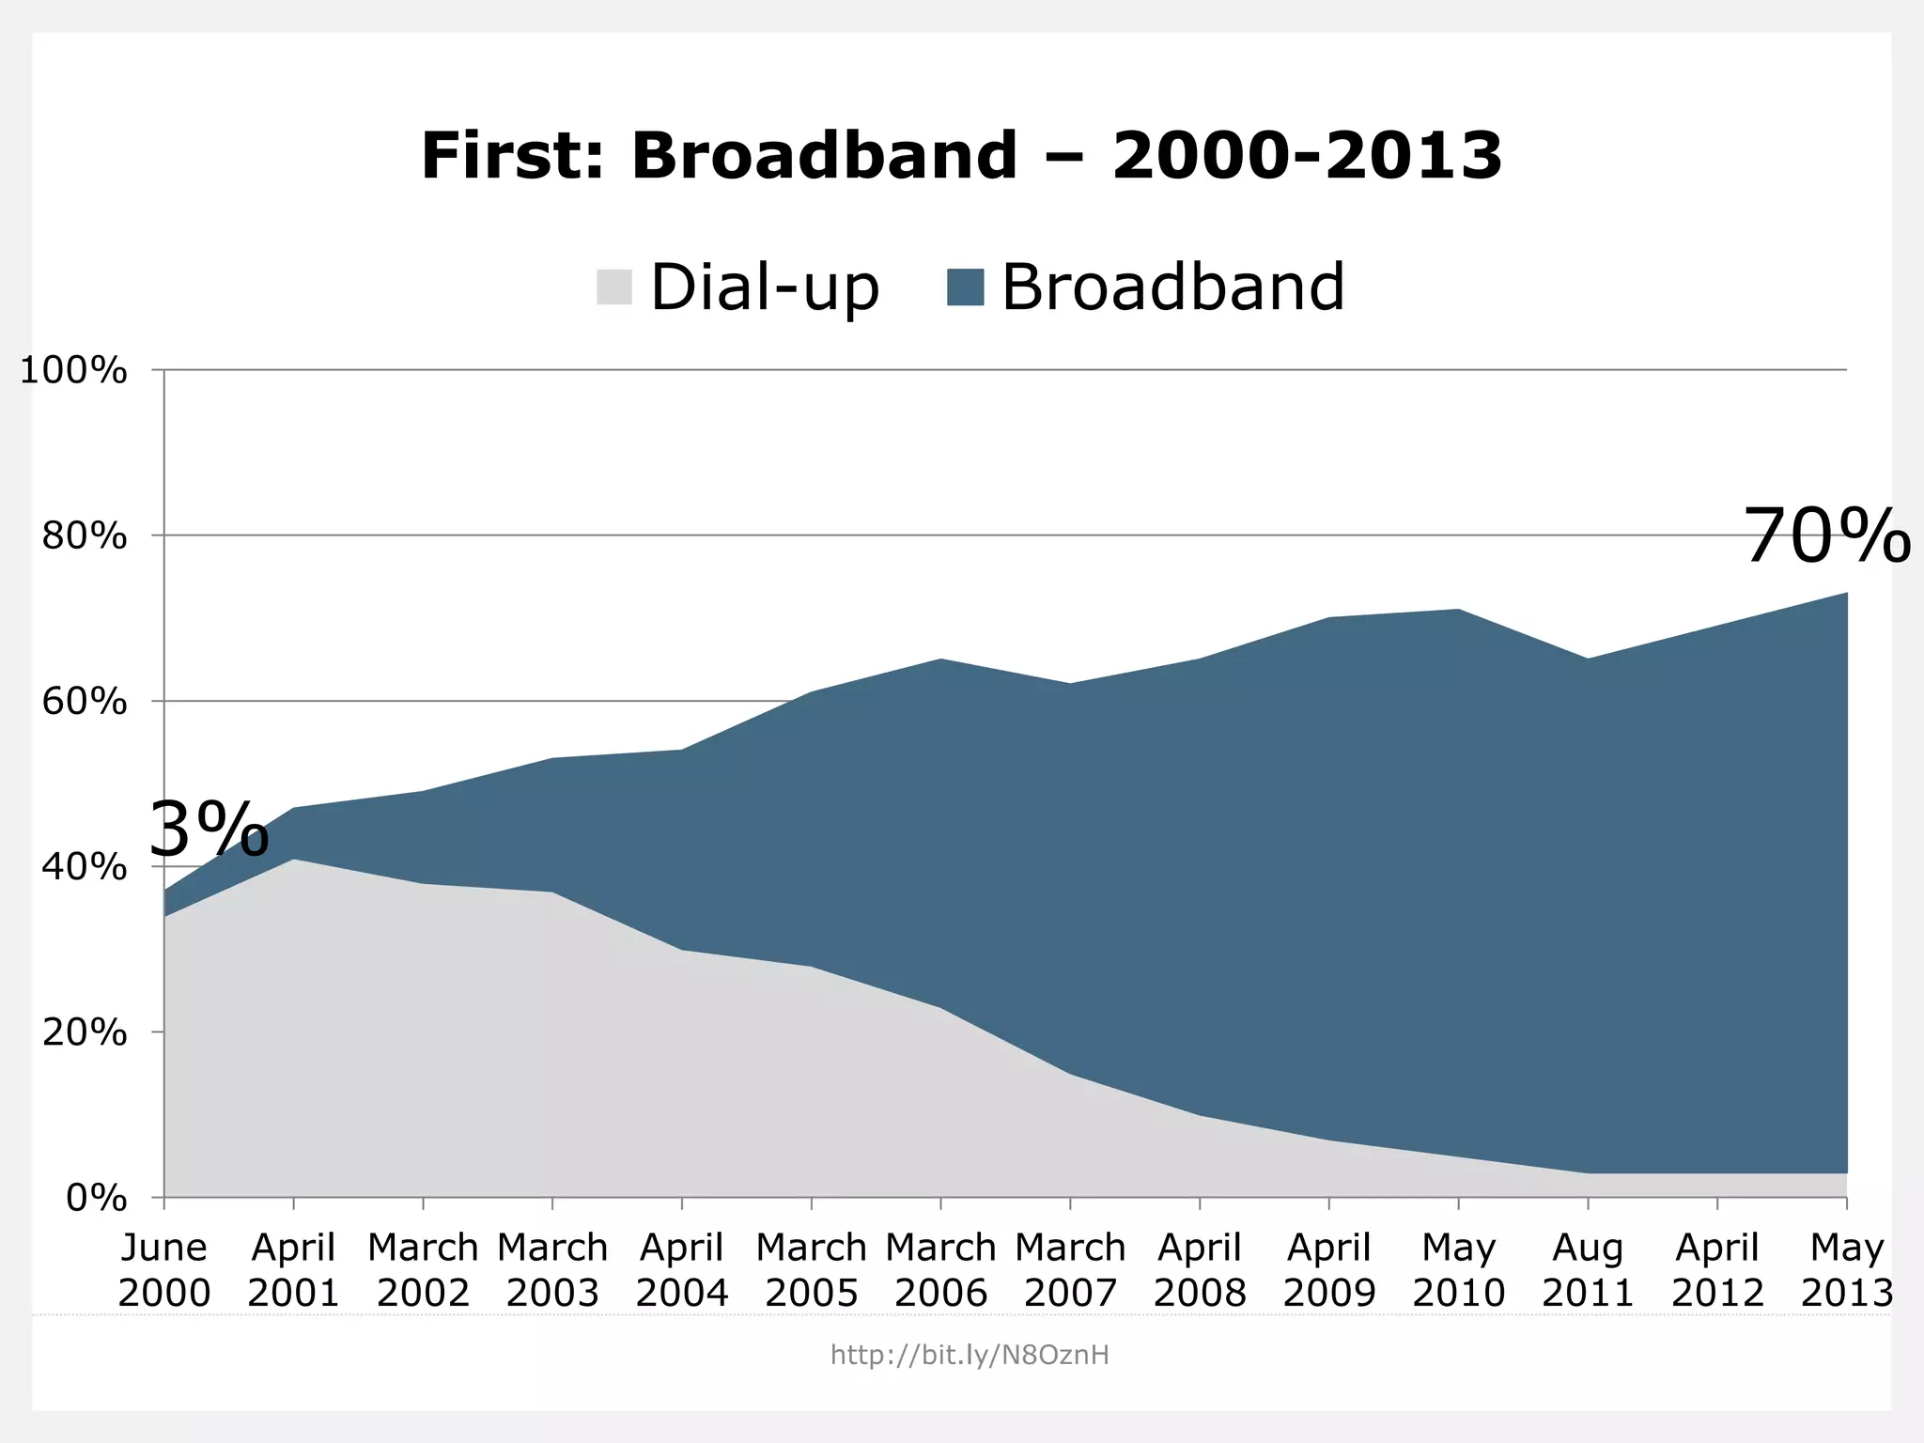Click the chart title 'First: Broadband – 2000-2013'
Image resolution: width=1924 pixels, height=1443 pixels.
961,155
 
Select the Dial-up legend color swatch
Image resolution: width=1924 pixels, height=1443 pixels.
614,287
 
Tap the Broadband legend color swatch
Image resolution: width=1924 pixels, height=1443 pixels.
965,287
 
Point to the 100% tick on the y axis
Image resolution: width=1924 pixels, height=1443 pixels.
73,370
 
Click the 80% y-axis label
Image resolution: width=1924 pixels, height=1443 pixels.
85,536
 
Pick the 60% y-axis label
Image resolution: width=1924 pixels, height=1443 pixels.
85,702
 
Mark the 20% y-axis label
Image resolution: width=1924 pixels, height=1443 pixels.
85,1032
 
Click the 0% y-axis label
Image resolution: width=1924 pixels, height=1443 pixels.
96,1198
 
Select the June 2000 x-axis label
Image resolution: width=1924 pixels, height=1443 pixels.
164,1270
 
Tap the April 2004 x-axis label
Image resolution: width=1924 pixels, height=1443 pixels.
682,1270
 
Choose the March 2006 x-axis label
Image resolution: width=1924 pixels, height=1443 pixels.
940,1270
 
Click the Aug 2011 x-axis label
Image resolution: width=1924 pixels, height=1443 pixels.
1588,1270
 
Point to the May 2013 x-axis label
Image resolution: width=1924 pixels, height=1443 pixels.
1847,1270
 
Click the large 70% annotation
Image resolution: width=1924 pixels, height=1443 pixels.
1826,537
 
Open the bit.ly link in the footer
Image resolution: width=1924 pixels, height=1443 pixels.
970,1355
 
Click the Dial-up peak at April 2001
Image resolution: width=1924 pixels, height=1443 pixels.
294,860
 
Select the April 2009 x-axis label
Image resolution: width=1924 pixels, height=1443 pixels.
1329,1270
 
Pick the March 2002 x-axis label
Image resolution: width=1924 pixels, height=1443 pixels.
423,1270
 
